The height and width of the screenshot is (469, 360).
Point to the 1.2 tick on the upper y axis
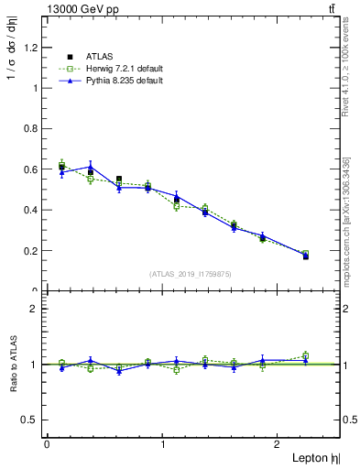pos(36,48)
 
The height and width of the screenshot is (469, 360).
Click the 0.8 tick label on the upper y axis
pos(36,129)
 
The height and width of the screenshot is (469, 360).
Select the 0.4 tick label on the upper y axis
pos(36,210)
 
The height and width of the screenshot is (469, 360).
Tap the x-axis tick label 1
pos(162,444)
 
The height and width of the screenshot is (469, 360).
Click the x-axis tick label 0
pos(47,444)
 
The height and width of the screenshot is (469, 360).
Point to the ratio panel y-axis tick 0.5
pos(36,420)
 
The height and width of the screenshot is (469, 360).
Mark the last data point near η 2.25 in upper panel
pos(305,256)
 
